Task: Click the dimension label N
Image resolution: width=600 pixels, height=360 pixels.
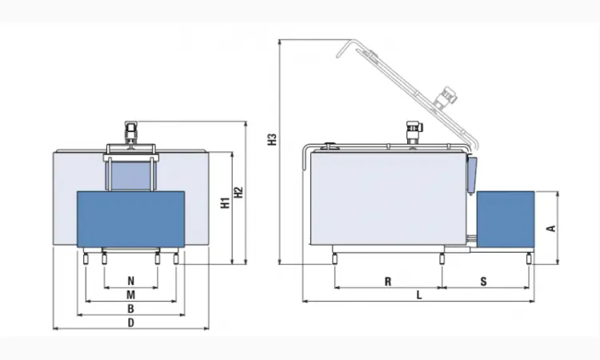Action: coord(131,281)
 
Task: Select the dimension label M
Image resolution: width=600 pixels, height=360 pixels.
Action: coord(131,294)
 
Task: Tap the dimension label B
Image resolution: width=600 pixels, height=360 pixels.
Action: coord(131,309)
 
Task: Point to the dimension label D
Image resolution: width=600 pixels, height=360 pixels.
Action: coord(131,323)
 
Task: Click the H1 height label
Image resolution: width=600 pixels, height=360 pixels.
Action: coord(226,203)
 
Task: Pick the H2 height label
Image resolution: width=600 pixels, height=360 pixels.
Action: coord(238,193)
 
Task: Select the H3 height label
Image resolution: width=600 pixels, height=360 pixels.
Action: coord(272,139)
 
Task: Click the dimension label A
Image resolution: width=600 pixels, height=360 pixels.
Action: coord(551,228)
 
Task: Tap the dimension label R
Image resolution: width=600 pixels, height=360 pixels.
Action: coord(388,282)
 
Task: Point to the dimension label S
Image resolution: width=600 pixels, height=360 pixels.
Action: coord(484,282)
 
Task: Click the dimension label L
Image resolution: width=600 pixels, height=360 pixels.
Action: coord(419,295)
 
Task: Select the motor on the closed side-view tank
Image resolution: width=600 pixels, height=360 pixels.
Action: coord(413,131)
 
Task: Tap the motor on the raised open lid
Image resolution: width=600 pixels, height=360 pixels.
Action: coord(447,96)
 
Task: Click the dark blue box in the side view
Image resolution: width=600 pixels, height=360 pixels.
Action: coord(506,219)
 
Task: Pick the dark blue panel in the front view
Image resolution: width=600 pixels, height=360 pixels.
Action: coord(131,219)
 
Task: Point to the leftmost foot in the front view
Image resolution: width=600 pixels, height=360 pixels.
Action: coord(86,259)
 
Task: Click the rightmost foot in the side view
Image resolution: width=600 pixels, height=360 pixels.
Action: coord(529,259)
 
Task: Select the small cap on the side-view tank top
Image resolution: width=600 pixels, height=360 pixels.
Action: coord(330,145)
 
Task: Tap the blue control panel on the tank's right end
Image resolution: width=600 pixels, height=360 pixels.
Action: coord(472,174)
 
